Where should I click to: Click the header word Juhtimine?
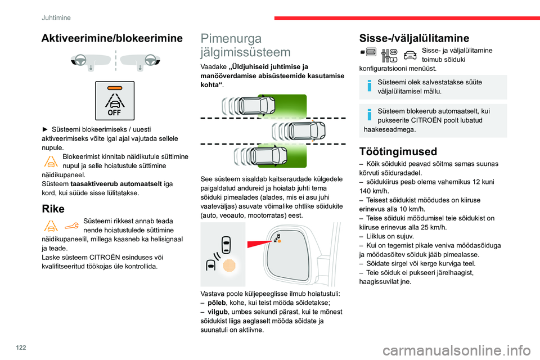tap(56, 17)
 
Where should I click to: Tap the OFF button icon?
tap(115, 101)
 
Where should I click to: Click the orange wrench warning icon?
tap(71, 226)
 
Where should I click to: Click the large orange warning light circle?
tap(228, 266)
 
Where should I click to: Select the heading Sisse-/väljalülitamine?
tap(414, 38)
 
